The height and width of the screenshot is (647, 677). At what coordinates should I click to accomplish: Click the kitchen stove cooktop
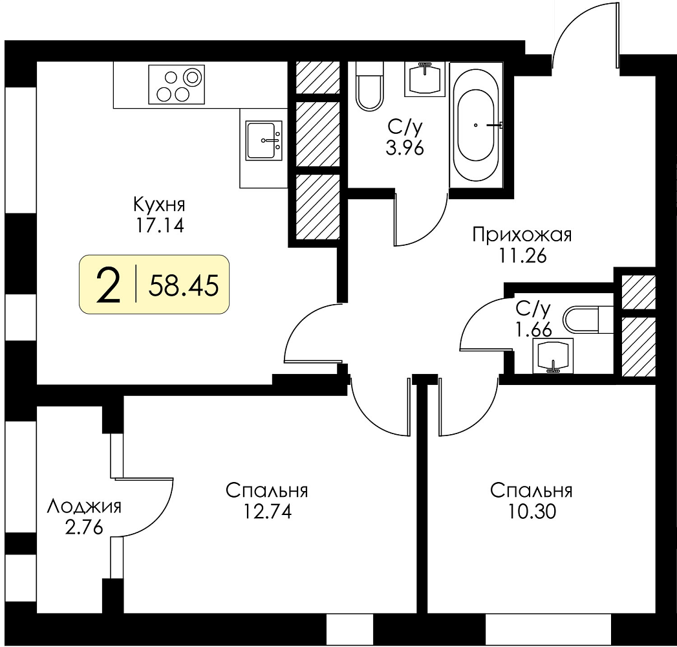[176, 85]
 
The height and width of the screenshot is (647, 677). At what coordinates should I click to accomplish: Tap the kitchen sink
[264, 140]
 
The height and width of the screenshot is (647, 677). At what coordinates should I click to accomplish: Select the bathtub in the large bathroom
[477, 126]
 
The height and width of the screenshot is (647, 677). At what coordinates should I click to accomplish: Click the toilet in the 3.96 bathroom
[370, 86]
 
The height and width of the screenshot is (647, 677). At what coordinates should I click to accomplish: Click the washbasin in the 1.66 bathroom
[553, 356]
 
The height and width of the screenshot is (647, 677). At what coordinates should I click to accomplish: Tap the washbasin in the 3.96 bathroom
[425, 79]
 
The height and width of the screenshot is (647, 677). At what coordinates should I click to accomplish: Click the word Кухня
[159, 204]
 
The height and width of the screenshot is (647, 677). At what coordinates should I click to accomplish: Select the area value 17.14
[160, 225]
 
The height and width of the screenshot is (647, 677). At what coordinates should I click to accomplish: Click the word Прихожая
[522, 236]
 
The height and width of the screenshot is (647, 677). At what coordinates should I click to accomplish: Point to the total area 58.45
[184, 285]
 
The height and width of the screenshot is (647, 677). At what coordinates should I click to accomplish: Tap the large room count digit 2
[108, 285]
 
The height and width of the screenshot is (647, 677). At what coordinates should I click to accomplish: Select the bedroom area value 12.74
[267, 512]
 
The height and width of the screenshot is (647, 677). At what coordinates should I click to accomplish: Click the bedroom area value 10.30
[532, 512]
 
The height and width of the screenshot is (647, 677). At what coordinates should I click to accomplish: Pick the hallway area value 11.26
[523, 257]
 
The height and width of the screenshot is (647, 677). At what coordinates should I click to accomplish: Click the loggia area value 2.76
[84, 528]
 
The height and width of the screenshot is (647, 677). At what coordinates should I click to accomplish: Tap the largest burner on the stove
[192, 77]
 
